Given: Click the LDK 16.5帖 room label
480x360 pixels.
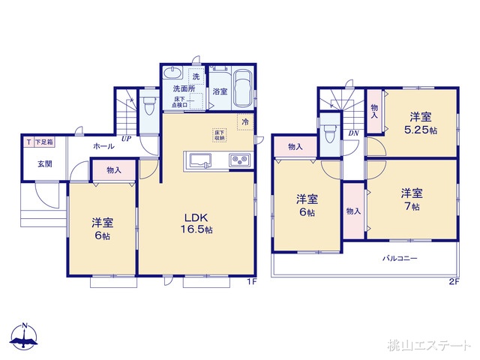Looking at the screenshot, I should click(x=194, y=223).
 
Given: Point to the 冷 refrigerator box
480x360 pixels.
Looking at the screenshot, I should click(x=245, y=121).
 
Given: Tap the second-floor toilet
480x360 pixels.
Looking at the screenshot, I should click(x=329, y=136).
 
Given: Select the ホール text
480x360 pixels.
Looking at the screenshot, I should click(x=103, y=147).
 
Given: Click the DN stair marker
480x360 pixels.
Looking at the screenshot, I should click(x=352, y=133).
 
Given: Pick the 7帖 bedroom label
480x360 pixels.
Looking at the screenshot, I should click(x=409, y=198).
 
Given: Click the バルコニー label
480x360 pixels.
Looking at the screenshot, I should click(x=400, y=258).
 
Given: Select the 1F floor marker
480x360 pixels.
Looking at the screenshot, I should click(x=252, y=282).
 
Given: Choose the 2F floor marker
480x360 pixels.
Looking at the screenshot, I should click(x=453, y=282).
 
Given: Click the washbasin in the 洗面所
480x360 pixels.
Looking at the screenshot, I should click(x=172, y=75).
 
